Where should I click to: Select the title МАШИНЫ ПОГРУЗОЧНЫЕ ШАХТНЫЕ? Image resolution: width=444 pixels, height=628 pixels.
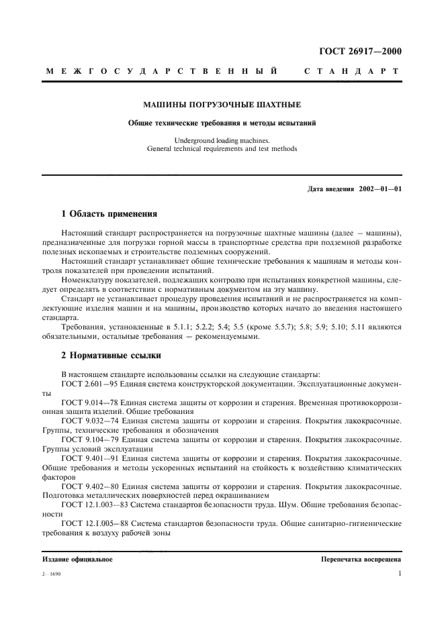(222, 105)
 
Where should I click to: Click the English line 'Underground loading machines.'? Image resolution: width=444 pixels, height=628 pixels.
(222, 140)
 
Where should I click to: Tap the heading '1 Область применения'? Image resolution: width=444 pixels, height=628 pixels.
(109, 215)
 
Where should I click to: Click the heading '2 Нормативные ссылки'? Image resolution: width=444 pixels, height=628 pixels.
(111, 355)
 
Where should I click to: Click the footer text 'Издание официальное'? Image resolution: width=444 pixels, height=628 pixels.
(77, 558)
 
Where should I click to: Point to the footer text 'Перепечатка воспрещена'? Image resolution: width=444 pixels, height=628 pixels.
(361, 558)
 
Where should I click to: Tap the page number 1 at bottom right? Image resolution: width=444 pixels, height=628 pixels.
(399, 574)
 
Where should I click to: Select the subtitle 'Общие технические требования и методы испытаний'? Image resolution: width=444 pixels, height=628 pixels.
(222, 123)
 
